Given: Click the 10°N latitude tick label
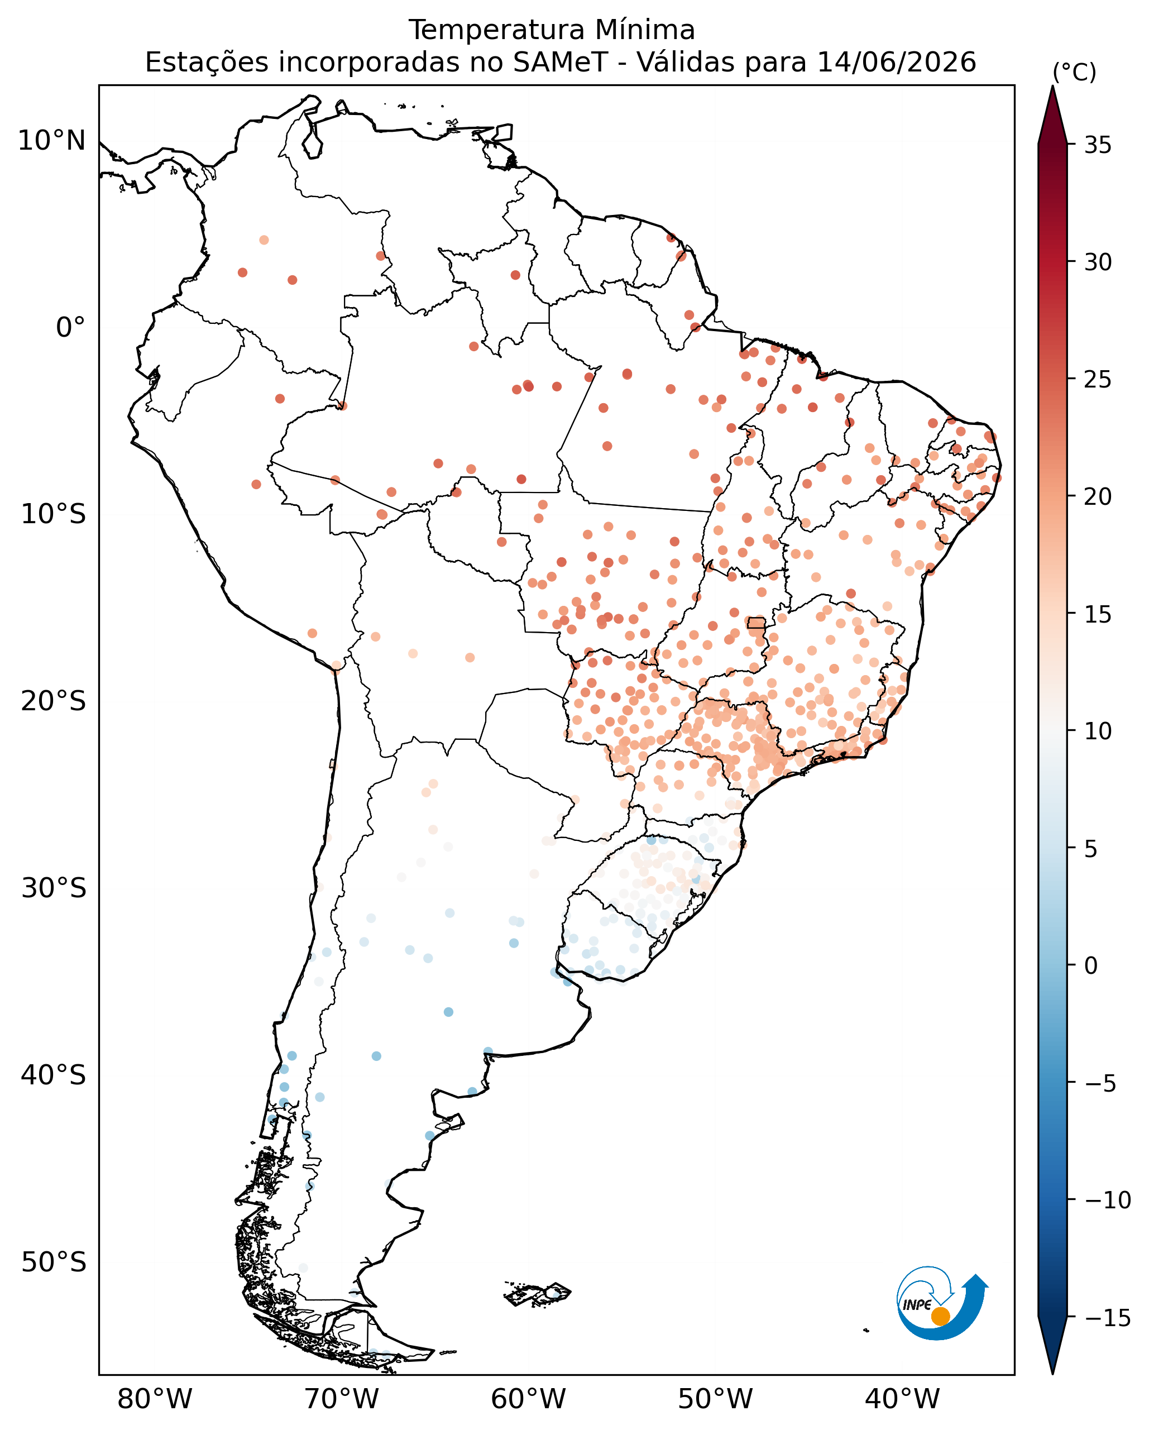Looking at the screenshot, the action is pyautogui.click(x=52, y=141).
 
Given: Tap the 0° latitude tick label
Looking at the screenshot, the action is pyautogui.click(x=71, y=328).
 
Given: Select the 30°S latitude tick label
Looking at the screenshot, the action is pyautogui.click(x=54, y=888).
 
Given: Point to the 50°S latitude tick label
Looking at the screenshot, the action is pyautogui.click(x=54, y=1262).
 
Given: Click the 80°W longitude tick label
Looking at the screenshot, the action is pyautogui.click(x=155, y=1399).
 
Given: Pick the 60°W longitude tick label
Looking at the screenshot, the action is pyautogui.click(x=528, y=1399).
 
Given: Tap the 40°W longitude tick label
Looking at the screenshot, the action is pyautogui.click(x=902, y=1399).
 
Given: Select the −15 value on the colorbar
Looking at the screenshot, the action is pyautogui.click(x=1107, y=1318).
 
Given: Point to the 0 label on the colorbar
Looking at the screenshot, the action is pyautogui.click(x=1090, y=966).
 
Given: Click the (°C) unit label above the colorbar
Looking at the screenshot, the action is pyautogui.click(x=1074, y=72).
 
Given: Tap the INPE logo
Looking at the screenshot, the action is pyautogui.click(x=941, y=1307).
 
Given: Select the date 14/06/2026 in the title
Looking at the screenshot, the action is pyautogui.click(x=897, y=63).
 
